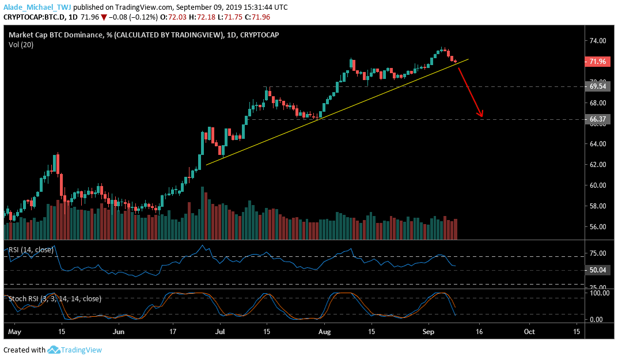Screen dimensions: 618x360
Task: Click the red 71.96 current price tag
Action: pos(597,62)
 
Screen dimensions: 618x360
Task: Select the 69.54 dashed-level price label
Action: pos(597,86)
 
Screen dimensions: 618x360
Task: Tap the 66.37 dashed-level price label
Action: pos(597,119)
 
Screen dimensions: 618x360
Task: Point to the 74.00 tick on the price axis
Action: pos(598,41)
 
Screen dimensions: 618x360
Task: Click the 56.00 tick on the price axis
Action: pos(598,227)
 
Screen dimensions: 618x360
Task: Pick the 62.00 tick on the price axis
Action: pos(598,164)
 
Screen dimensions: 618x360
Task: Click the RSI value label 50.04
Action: pos(597,270)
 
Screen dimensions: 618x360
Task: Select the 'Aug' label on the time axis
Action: pos(324,332)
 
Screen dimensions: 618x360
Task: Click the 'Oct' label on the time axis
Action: pos(529,332)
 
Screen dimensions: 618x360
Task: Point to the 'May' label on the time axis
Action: pos(14,332)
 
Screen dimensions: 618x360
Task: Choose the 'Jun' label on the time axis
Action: pos(118,332)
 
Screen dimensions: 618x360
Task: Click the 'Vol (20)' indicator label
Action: pos(21,45)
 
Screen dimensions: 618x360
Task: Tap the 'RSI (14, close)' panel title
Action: pos(31,249)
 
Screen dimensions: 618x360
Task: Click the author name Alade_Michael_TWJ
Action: pos(37,7)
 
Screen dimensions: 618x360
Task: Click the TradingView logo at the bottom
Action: pos(74,350)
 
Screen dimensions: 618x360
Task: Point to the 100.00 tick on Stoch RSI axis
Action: pos(599,293)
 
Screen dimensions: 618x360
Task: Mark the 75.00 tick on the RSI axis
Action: pos(598,253)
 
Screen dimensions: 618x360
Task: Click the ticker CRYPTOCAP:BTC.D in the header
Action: pos(35,17)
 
